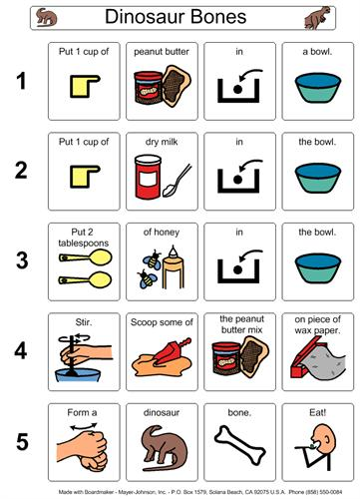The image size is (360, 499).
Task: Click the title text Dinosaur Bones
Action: [x=176, y=17]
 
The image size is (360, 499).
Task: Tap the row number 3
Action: [x=22, y=260]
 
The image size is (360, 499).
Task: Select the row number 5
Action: [x=22, y=442]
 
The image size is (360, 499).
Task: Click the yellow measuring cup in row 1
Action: [x=85, y=86]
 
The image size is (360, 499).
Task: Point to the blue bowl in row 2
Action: [x=318, y=178]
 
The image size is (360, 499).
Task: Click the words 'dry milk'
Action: [x=162, y=142]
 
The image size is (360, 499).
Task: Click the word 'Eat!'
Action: [x=317, y=412]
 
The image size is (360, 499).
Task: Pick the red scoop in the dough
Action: [x=172, y=351]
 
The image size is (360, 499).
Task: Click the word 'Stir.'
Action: [x=84, y=322]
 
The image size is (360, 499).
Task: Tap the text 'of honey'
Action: [x=162, y=232]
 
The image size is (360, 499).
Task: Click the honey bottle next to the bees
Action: [x=173, y=267]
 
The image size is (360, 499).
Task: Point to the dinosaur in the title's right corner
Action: [x=317, y=18]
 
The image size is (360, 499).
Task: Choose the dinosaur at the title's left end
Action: [x=46, y=17]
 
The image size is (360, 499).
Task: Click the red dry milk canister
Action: [x=148, y=177]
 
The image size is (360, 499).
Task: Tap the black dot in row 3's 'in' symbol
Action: [x=237, y=269]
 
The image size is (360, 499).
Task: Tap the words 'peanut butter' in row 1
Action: [x=162, y=52]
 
